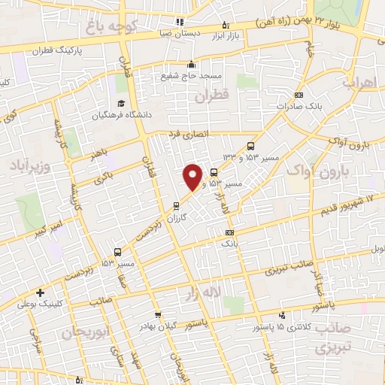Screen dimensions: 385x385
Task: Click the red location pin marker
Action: [193, 177]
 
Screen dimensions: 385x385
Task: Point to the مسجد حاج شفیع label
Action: [191, 76]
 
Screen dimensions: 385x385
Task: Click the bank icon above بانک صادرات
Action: [299, 95]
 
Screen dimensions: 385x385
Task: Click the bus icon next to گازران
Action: [177, 205]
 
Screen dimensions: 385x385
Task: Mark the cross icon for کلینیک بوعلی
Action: [39, 293]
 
